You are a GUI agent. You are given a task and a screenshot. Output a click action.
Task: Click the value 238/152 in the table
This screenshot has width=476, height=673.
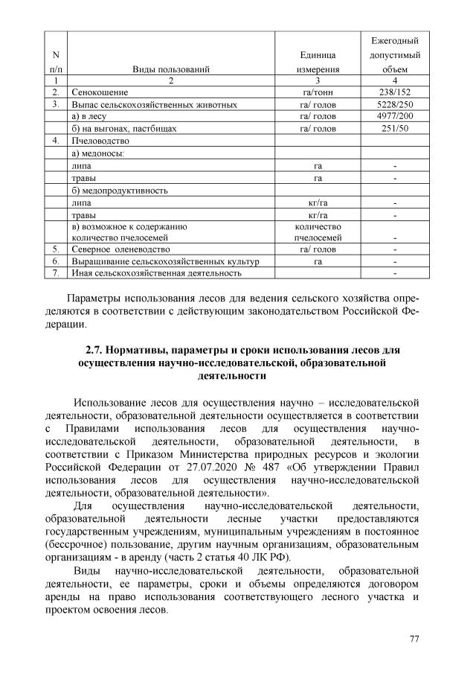pyautogui.click(x=395, y=92)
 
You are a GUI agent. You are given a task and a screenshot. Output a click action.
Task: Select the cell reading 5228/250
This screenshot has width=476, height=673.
pyautogui.click(x=395, y=104)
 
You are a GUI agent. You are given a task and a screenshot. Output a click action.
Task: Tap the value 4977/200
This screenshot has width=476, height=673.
pyautogui.click(x=395, y=116)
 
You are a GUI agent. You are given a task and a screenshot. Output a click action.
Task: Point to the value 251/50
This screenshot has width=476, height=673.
pyautogui.click(x=395, y=129)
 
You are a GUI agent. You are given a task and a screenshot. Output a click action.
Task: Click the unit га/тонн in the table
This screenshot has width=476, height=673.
pyautogui.click(x=318, y=92)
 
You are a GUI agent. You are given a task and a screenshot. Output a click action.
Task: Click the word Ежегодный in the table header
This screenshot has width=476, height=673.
pyautogui.click(x=395, y=39)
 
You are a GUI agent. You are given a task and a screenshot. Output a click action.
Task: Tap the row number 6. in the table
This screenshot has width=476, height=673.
pyautogui.click(x=56, y=261)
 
